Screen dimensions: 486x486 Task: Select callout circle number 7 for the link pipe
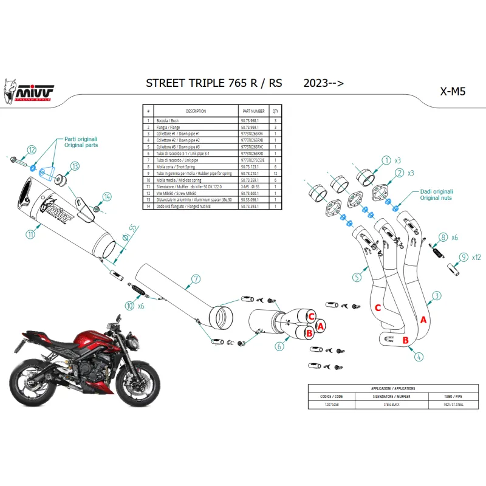coord(196,279)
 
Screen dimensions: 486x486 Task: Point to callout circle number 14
coord(107,196)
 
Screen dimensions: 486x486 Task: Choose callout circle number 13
coord(75,166)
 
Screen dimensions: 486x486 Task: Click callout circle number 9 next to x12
coord(465,257)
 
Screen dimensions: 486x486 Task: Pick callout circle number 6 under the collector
coord(279,347)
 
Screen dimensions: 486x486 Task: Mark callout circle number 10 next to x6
coord(129,306)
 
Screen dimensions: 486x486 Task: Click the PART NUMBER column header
coord(253,112)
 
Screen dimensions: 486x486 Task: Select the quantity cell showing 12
coord(275,174)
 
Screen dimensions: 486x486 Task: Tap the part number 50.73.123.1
coord(253,166)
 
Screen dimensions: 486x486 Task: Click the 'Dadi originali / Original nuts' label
coord(437,194)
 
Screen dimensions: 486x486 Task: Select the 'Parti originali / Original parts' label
coord(81,142)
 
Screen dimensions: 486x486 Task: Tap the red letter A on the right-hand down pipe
coord(423,319)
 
